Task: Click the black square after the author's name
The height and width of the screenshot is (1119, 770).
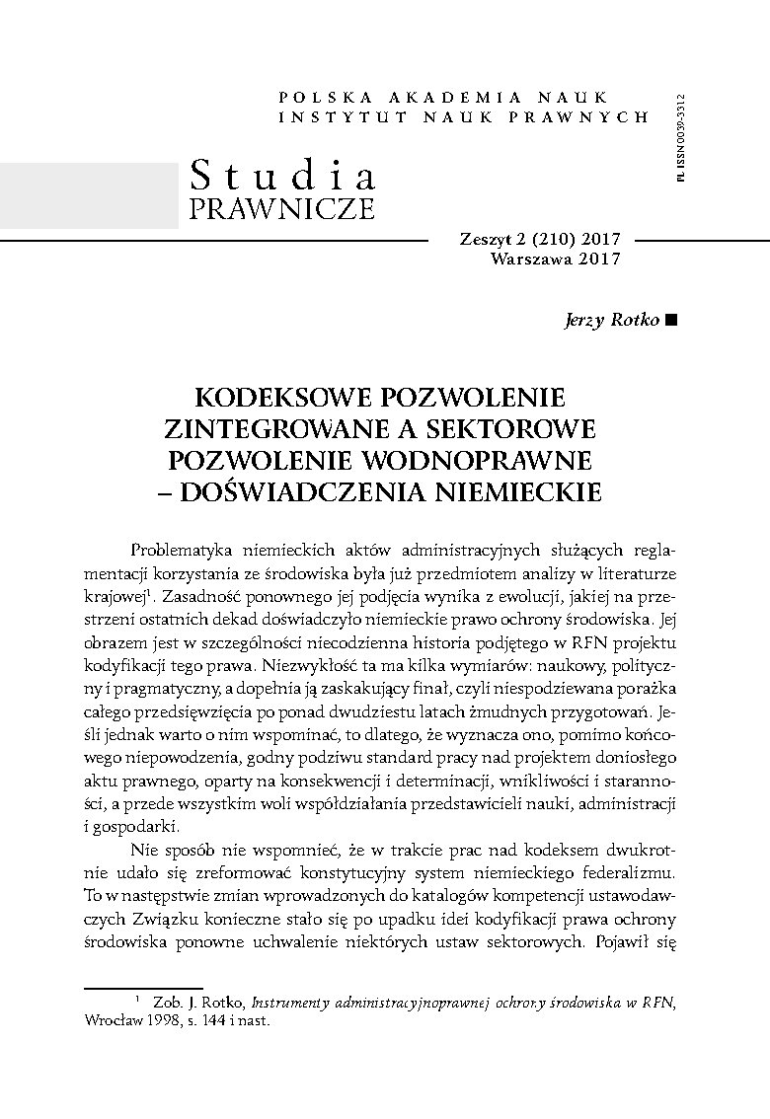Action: pos(672,320)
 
